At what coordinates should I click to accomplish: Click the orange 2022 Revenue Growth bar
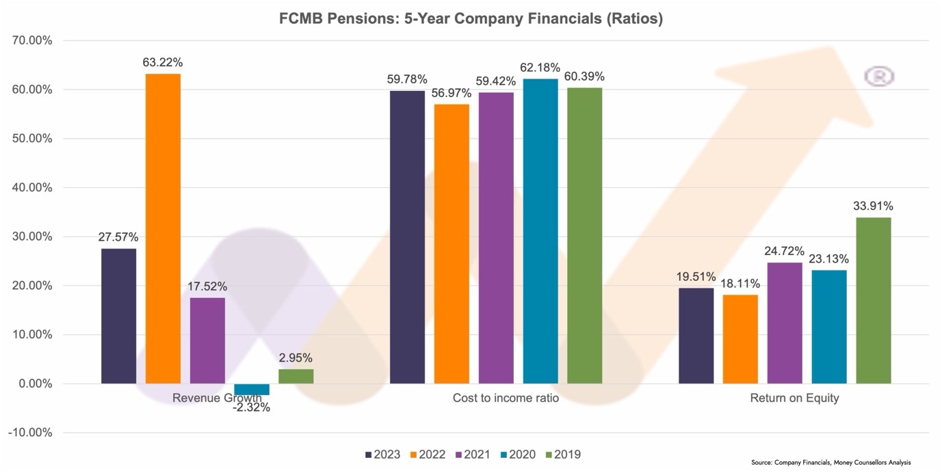click(x=163, y=228)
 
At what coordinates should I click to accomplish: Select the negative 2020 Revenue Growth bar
click(x=252, y=390)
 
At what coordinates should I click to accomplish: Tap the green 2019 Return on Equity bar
click(x=874, y=300)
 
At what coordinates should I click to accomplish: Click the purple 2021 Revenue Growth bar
click(x=207, y=340)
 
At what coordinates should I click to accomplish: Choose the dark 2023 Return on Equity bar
click(x=696, y=336)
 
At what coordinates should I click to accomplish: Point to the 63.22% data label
click(x=163, y=63)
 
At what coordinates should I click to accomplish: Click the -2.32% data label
click(x=251, y=407)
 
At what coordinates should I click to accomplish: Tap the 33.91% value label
click(x=873, y=206)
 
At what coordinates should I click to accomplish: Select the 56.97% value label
click(x=452, y=93)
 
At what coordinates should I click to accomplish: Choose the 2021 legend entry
click(x=473, y=455)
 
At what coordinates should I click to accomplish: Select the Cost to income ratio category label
click(x=506, y=398)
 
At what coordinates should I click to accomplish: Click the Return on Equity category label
click(x=794, y=398)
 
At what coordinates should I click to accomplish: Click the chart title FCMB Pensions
click(x=471, y=19)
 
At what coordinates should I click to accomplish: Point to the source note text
click(x=830, y=463)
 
